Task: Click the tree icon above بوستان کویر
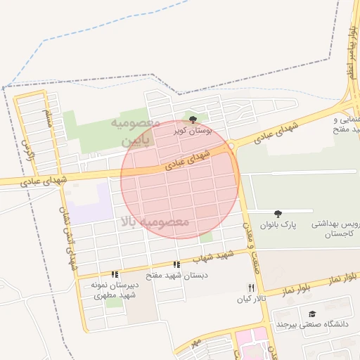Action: (x=193, y=120)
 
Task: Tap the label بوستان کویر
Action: (x=193, y=131)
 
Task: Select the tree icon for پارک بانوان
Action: (x=278, y=214)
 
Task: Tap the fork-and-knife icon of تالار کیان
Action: (x=251, y=288)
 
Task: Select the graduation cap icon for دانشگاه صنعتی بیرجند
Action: (x=312, y=314)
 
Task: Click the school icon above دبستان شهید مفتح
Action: (x=177, y=264)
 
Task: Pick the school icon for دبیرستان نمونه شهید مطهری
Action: (x=115, y=274)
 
